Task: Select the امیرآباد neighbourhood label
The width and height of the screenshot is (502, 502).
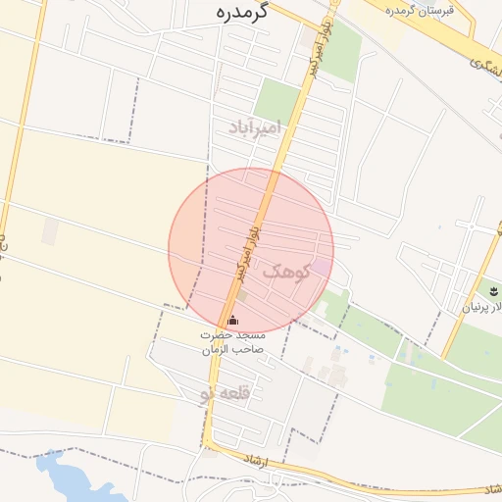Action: tap(255, 126)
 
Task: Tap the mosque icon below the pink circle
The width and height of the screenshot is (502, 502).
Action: tap(232, 320)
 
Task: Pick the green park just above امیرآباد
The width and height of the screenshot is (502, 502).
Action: tap(277, 99)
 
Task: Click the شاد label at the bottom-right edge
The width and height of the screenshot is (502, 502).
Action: tap(490, 488)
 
